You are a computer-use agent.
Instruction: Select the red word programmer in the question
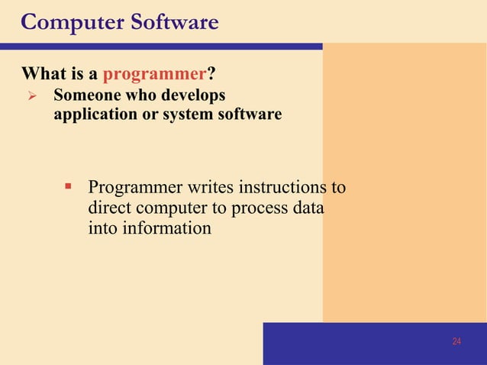[x=155, y=75]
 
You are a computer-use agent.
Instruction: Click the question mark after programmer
[x=211, y=75]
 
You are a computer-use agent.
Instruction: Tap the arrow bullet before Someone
[x=31, y=97]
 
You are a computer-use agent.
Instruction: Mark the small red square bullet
[x=68, y=186]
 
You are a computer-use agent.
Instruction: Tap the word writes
[x=210, y=187]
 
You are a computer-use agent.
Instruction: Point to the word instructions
[x=279, y=187]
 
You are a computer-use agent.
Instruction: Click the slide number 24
[x=456, y=341]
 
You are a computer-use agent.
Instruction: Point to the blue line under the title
[x=161, y=46]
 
